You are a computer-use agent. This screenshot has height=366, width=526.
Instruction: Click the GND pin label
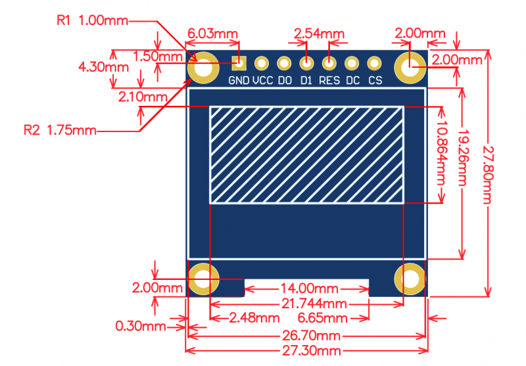tap(239, 80)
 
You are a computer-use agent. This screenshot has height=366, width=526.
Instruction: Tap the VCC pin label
tap(262, 80)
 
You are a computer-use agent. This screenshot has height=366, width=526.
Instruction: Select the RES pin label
tap(329, 80)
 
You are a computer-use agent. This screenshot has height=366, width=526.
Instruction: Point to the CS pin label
tap(375, 80)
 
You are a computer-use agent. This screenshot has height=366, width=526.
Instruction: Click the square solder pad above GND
tap(239, 63)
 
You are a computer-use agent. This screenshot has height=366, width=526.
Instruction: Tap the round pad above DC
tap(352, 63)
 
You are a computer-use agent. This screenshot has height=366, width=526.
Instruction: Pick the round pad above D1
tap(306, 63)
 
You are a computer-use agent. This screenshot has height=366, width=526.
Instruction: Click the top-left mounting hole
tap(203, 68)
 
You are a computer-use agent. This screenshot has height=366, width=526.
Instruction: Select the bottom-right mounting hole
tap(410, 279)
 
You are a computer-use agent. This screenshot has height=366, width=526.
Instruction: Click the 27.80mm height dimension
tap(487, 175)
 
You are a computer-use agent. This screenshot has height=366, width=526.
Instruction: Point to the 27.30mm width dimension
tap(311, 351)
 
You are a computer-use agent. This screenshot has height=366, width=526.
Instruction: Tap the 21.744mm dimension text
tap(314, 304)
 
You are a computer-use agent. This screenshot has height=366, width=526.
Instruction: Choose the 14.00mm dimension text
tap(309, 288)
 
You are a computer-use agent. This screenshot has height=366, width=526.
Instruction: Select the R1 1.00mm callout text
tap(93, 21)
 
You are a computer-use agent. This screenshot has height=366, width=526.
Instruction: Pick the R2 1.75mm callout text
tap(60, 130)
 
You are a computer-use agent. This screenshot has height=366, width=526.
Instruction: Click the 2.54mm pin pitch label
tap(319, 34)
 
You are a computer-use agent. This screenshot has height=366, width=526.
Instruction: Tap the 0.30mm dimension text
tap(141, 326)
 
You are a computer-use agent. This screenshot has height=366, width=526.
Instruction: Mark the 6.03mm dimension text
tap(212, 34)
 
